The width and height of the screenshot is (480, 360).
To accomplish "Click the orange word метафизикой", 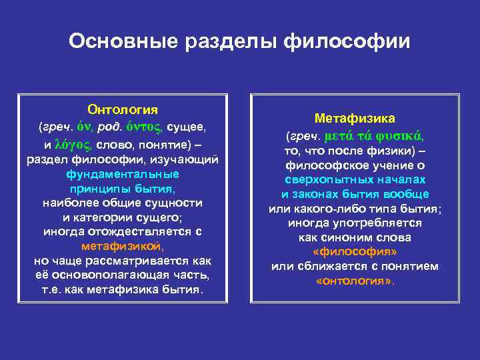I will [x=123, y=245].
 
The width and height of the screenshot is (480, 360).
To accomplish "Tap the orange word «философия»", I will [x=355, y=252].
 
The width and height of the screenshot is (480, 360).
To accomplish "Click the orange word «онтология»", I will [x=354, y=281].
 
